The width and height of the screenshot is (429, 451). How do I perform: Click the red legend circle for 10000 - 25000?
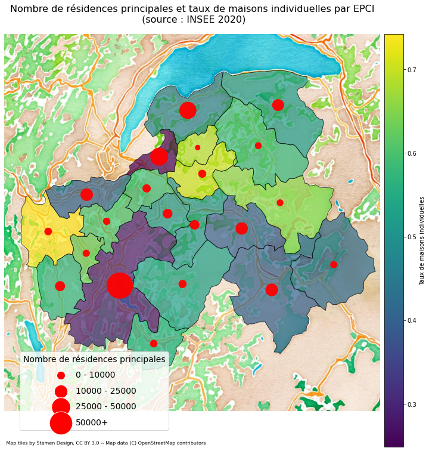61,391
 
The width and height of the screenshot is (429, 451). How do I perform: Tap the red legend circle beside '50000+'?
61,422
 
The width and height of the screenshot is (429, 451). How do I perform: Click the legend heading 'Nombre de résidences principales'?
94,359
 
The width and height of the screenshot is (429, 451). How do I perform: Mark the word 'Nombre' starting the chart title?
30,8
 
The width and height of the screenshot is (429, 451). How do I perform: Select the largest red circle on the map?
120,285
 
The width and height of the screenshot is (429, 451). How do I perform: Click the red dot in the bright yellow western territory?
48,231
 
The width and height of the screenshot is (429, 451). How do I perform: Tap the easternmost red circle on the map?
334,264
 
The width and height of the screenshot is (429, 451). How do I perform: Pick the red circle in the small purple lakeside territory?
159,157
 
